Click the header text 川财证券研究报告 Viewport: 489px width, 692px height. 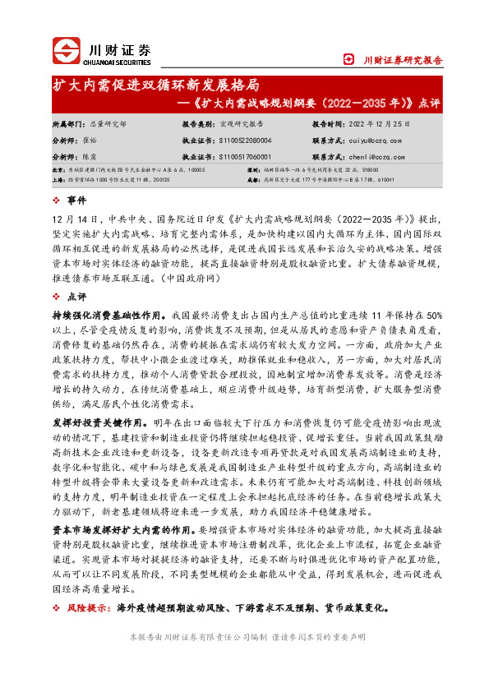coord(402,60)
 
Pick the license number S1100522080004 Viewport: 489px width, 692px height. coord(243,141)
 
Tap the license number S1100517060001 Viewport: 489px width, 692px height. coord(243,155)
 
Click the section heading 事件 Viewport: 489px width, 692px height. coord(75,200)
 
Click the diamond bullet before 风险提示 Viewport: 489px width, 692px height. coord(55,608)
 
